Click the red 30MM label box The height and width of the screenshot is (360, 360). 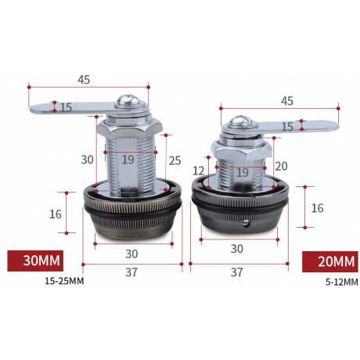pyautogui.click(x=35, y=261)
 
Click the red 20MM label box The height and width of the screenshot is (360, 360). pyautogui.click(x=330, y=261)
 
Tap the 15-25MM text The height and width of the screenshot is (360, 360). pyautogui.click(x=64, y=281)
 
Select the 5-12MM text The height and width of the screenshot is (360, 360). pyautogui.click(x=342, y=282)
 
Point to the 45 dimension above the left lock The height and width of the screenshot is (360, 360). pyautogui.click(x=84, y=80)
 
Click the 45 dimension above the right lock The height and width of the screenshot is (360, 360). pyautogui.click(x=287, y=101)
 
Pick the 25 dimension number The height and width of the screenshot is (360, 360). pyautogui.click(x=175, y=160)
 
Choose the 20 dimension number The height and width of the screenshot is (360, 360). pyautogui.click(x=281, y=166)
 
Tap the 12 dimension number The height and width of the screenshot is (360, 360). pyautogui.click(x=199, y=171)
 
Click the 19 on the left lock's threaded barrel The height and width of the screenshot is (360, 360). pyautogui.click(x=128, y=160)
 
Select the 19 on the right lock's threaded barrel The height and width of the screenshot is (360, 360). pyautogui.click(x=243, y=172)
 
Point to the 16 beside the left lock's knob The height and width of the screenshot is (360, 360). pyautogui.click(x=56, y=214)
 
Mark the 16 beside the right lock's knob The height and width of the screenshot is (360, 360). pyautogui.click(x=317, y=208)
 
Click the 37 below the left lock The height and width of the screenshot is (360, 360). pyautogui.click(x=131, y=272)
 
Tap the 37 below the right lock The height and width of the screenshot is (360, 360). pyautogui.click(x=236, y=272)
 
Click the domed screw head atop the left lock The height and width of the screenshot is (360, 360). pyautogui.click(x=128, y=101)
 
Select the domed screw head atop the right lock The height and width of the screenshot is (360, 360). pyautogui.click(x=240, y=121)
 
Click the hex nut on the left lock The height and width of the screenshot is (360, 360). pyautogui.click(x=130, y=130)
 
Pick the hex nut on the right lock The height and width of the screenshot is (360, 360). pyautogui.click(x=242, y=150)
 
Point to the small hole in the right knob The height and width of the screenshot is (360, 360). pyautogui.click(x=245, y=222)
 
